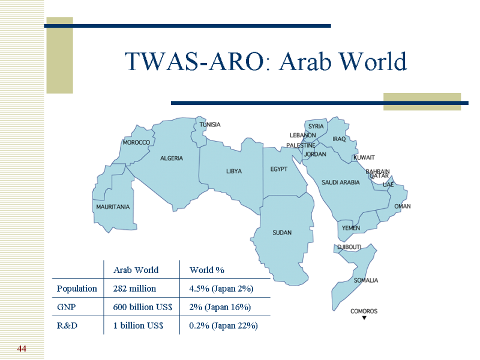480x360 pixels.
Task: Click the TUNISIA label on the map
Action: [209, 125]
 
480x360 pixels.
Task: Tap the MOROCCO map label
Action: [136, 143]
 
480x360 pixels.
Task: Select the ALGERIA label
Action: [172, 158]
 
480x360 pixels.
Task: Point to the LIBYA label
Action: [234, 172]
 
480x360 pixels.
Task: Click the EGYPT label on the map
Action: [278, 169]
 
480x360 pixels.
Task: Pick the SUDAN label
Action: [282, 233]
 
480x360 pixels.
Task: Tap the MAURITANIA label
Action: [113, 207]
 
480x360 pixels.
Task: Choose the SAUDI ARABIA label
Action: [340, 182]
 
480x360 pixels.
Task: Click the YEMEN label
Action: [351, 228]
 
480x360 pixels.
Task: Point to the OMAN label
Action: [402, 206]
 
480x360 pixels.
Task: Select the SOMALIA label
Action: [366, 280]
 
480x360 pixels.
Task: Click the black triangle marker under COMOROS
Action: [364, 318]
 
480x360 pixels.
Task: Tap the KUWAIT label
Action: [364, 158]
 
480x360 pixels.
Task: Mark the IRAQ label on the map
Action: [339, 139]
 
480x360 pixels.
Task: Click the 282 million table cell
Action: [134, 289]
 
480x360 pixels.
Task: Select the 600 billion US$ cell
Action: [143, 307]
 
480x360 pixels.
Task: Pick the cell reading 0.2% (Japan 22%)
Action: [223, 326]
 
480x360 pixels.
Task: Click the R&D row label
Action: [67, 325]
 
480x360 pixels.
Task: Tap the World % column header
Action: [207, 270]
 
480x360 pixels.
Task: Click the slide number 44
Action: [22, 349]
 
